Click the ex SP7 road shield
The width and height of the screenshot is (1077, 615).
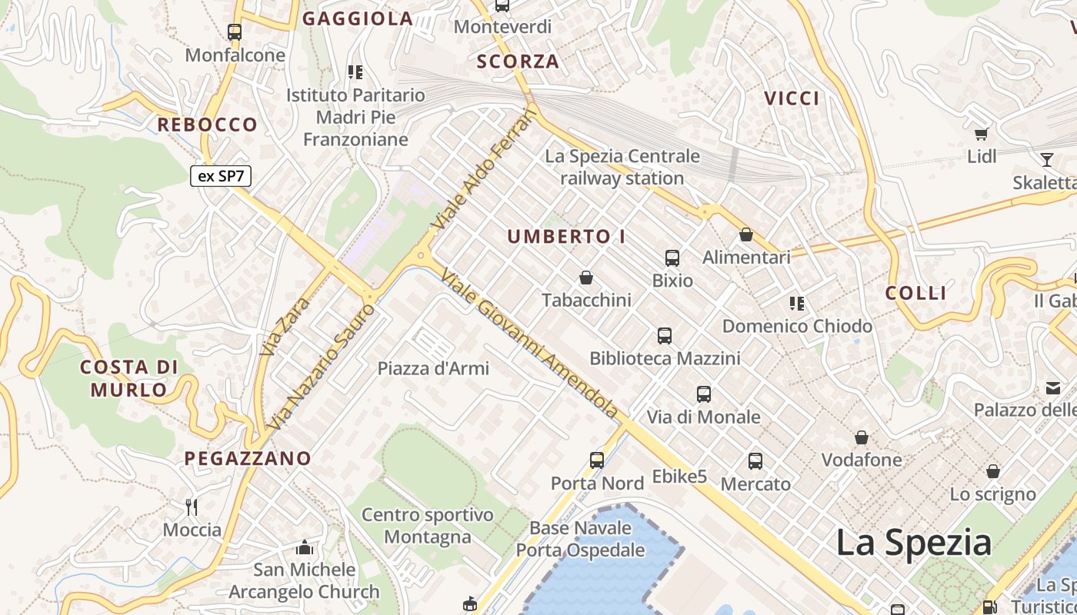coord(220,176)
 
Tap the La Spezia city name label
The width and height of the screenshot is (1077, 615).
coord(914,542)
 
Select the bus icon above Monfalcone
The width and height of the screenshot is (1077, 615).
coord(235,32)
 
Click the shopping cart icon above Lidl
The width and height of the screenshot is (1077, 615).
coord(981,135)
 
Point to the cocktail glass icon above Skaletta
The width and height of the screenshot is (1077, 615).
coord(1046,160)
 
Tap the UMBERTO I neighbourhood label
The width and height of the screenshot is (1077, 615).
coord(566,237)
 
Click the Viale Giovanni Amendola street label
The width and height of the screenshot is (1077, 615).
coord(530,343)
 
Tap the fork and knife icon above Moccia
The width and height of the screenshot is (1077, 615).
coord(192,507)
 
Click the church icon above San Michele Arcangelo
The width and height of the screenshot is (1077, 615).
coord(305,548)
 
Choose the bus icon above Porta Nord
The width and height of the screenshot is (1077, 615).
coord(597,460)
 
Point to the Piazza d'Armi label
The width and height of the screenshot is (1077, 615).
coord(433,368)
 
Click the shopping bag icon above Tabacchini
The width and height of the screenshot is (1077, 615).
coord(586,278)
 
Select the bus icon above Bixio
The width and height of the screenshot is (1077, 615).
coord(672,258)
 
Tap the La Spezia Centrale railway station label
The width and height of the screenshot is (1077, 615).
coord(622,167)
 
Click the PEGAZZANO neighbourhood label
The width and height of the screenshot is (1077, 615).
coord(248,458)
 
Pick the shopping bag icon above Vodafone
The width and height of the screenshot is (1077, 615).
coord(862,438)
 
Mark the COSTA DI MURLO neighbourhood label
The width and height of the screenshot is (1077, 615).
coord(128,377)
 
